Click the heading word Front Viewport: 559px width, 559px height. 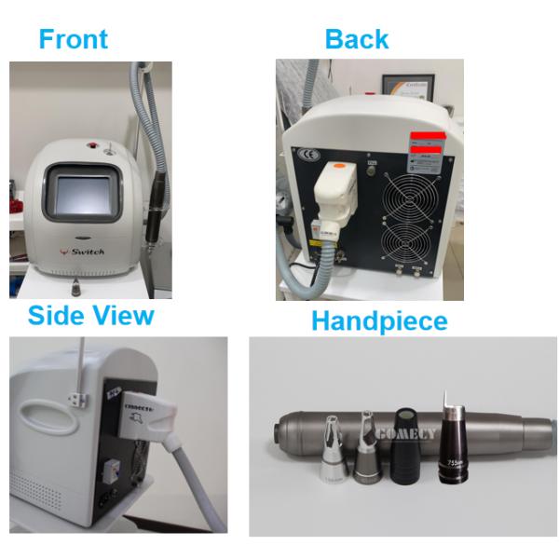tap(73, 39)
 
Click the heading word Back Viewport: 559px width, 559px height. tap(356, 39)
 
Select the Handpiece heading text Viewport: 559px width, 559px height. tap(378, 321)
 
